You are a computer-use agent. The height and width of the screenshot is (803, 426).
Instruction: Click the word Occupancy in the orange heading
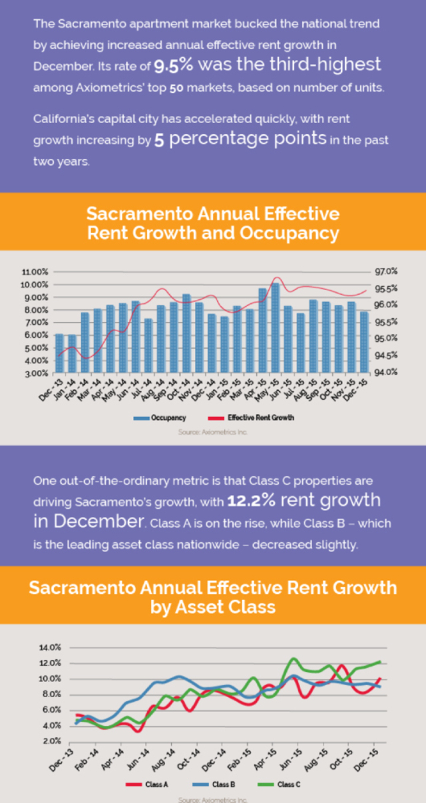(x=290, y=234)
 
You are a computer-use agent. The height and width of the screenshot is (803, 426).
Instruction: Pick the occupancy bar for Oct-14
(x=186, y=333)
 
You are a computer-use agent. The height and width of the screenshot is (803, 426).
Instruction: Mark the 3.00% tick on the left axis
(x=36, y=373)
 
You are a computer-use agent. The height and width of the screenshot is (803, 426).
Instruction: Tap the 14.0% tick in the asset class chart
(x=50, y=647)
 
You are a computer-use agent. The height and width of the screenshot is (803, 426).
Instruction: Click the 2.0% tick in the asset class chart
(x=51, y=740)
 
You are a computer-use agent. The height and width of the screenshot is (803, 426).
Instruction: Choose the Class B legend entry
(x=214, y=784)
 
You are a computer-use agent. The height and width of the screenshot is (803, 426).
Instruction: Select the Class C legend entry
(x=280, y=784)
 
